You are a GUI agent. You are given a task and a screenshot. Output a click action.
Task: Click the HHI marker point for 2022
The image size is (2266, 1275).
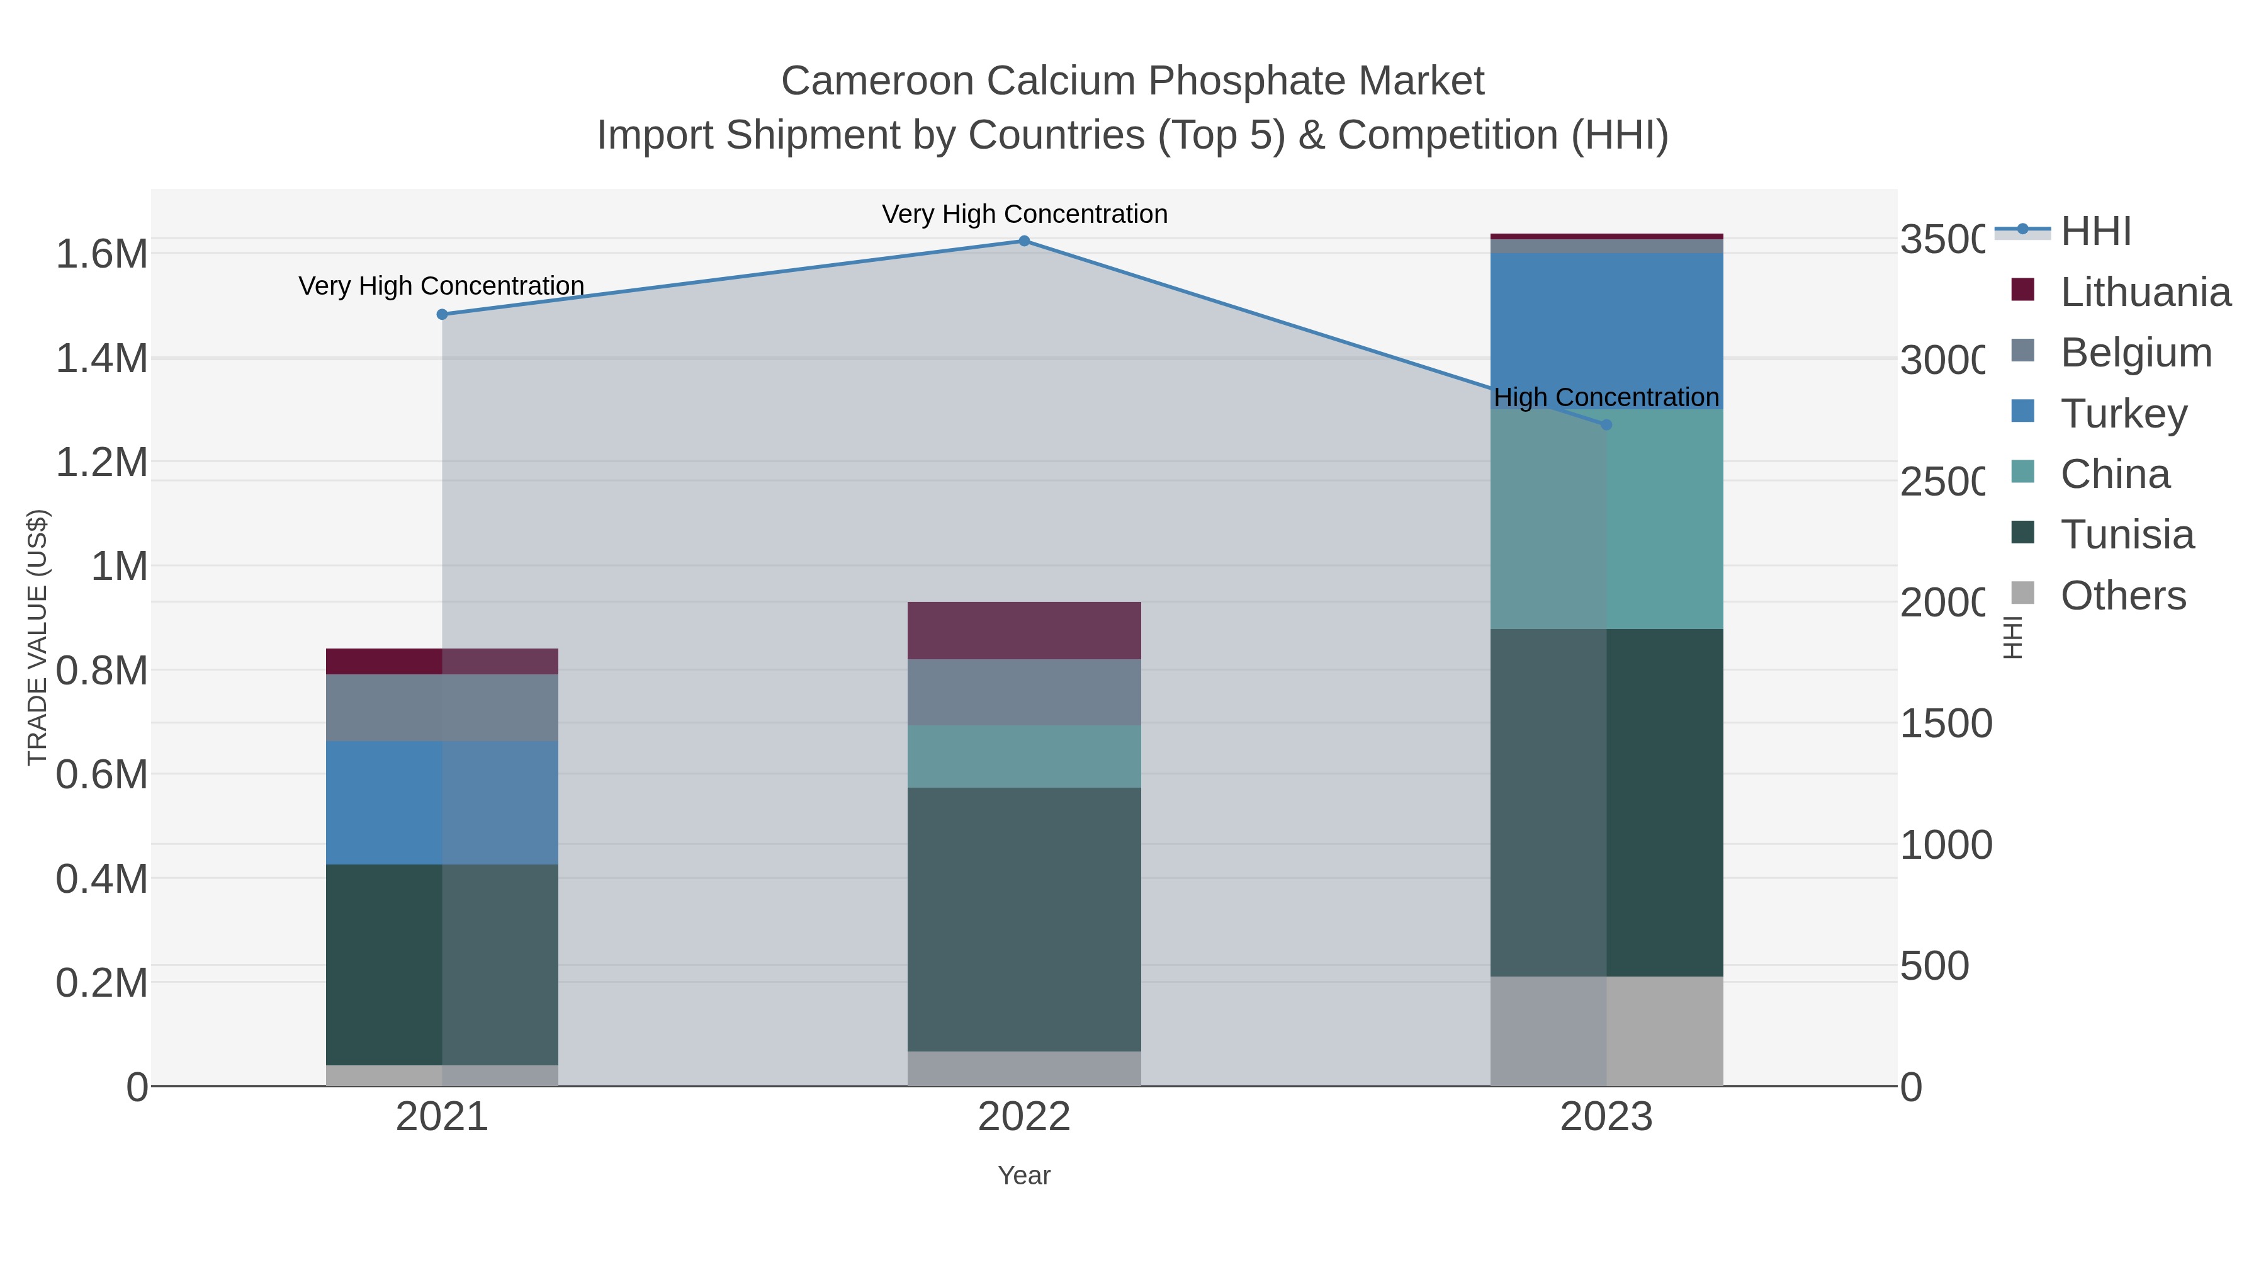pos(1024,241)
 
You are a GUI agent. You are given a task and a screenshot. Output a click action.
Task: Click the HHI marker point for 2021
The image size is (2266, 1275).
pos(442,314)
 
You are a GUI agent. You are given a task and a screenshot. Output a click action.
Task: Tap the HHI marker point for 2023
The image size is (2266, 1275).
pos(1606,425)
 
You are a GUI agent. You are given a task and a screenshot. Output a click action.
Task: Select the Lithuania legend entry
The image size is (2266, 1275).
pos(2145,292)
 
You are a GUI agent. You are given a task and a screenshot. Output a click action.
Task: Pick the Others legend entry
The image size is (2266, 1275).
pos(2122,596)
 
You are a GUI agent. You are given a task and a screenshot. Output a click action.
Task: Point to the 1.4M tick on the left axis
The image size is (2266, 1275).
pos(102,359)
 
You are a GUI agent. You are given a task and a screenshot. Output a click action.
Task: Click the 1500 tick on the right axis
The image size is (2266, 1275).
pos(1946,724)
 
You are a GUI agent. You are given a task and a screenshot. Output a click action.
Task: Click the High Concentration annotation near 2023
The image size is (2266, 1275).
pos(1606,398)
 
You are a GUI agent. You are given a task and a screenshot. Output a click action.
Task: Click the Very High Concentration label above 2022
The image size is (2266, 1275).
pos(1024,215)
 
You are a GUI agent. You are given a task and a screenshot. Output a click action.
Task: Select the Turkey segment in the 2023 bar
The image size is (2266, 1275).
pos(1606,330)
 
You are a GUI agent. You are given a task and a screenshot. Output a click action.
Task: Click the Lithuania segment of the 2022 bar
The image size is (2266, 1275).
pos(1024,631)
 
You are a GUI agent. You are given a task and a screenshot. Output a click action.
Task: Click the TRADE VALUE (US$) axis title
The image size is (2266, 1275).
pos(38,637)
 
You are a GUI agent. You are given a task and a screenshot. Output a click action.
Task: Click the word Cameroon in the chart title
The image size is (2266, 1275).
pos(879,82)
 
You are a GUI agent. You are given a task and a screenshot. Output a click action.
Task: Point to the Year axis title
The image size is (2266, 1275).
pos(1024,1176)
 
